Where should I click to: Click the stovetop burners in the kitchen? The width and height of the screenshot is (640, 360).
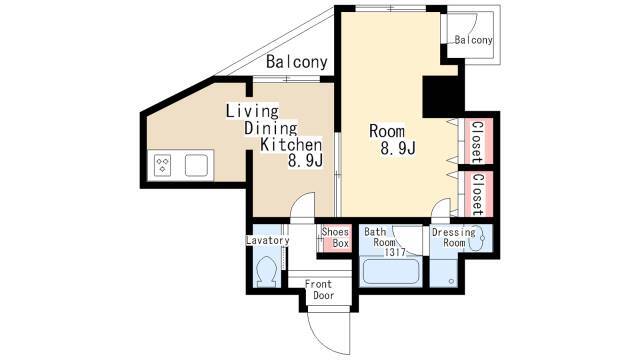pyautogui.click(x=163, y=165)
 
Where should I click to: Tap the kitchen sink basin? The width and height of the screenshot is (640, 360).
pyautogui.click(x=196, y=165)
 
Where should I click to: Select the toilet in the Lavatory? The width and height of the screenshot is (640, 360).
pyautogui.click(x=267, y=271)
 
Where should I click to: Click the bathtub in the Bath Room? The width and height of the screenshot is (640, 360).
pyautogui.click(x=391, y=271)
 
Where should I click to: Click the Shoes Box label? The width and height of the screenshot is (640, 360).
pyautogui.click(x=336, y=238)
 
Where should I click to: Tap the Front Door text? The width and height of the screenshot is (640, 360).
pyautogui.click(x=319, y=289)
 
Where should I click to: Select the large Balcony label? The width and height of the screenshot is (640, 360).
pyautogui.click(x=297, y=62)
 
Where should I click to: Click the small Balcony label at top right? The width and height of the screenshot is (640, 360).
pyautogui.click(x=473, y=40)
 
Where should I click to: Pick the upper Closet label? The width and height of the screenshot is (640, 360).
pyautogui.click(x=478, y=142)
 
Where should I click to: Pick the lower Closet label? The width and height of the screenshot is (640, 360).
pyautogui.click(x=478, y=195)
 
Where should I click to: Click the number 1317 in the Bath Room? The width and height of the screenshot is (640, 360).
pyautogui.click(x=395, y=253)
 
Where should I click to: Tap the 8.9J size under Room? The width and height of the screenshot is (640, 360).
pyautogui.click(x=398, y=149)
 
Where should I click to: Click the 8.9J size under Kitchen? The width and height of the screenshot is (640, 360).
pyautogui.click(x=305, y=161)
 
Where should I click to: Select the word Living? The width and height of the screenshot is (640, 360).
pyautogui.click(x=252, y=111)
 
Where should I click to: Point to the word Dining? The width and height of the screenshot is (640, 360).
pyautogui.click(x=271, y=128)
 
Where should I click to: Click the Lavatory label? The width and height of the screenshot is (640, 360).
pyautogui.click(x=267, y=240)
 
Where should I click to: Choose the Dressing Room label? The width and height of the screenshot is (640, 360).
pyautogui.click(x=454, y=238)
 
